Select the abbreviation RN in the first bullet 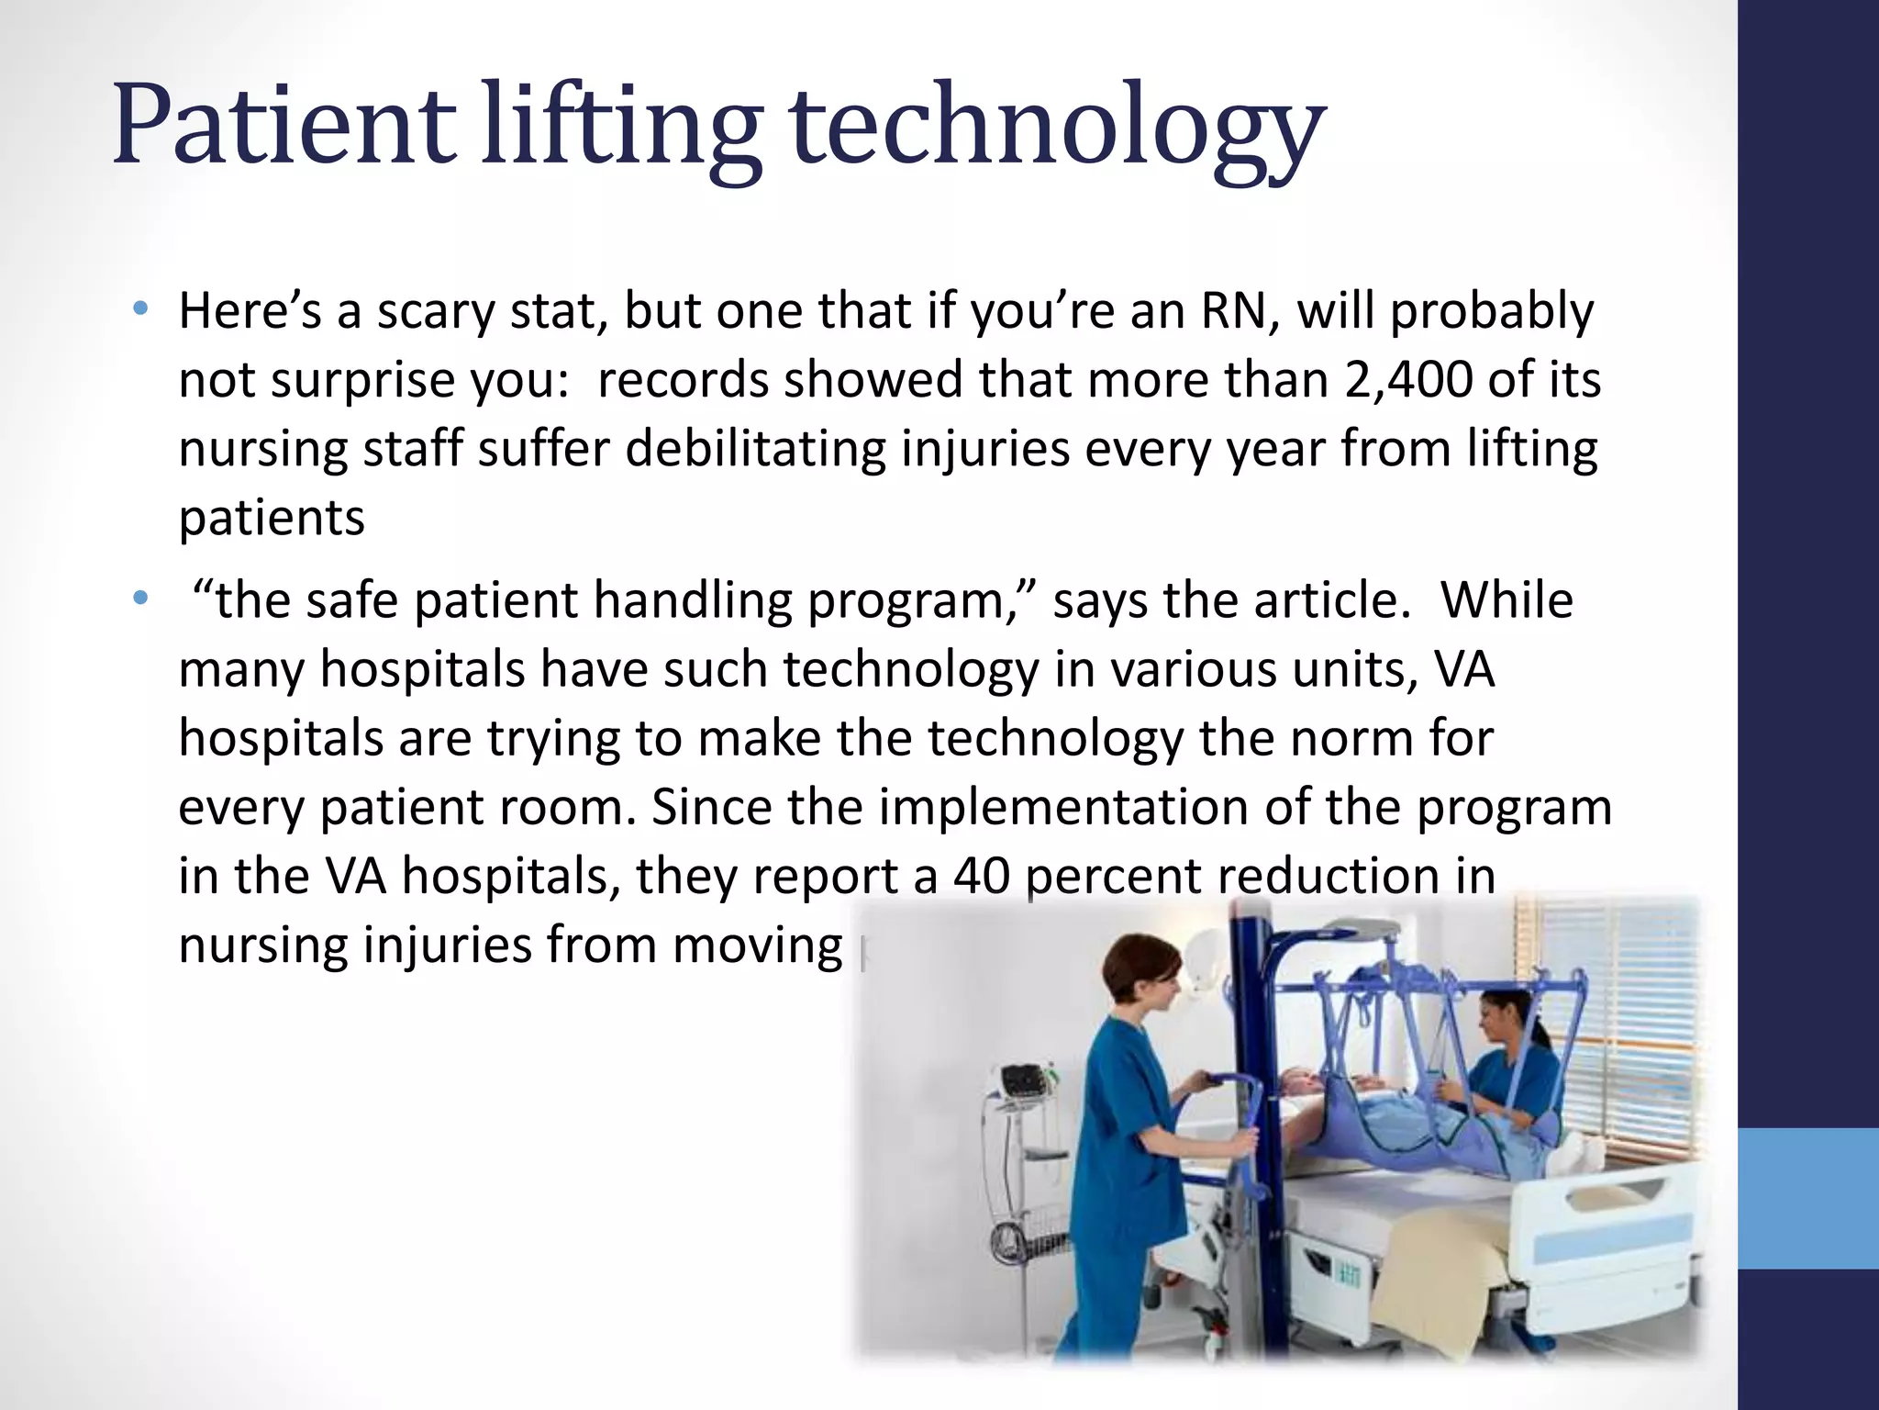(x=1234, y=310)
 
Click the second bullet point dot (x=139, y=599)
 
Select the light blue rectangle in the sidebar (x=1807, y=1198)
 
